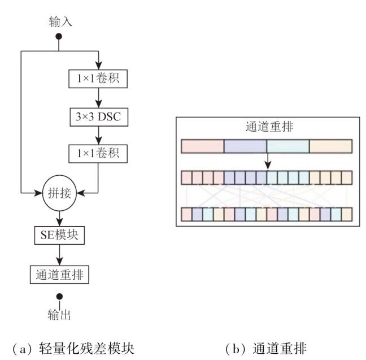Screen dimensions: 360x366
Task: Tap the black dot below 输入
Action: click(59, 37)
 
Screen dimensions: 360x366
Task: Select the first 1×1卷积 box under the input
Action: click(98, 79)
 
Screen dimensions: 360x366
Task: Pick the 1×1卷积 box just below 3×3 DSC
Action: click(98, 153)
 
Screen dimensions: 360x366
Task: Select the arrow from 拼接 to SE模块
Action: click(59, 218)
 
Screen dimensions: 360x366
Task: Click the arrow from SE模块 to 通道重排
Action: click(59, 255)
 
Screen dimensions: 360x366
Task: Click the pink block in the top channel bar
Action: click(202, 146)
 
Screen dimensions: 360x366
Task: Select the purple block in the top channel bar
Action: click(245, 146)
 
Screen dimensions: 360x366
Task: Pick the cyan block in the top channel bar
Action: click(288, 146)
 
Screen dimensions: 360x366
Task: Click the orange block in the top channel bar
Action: click(330, 146)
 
